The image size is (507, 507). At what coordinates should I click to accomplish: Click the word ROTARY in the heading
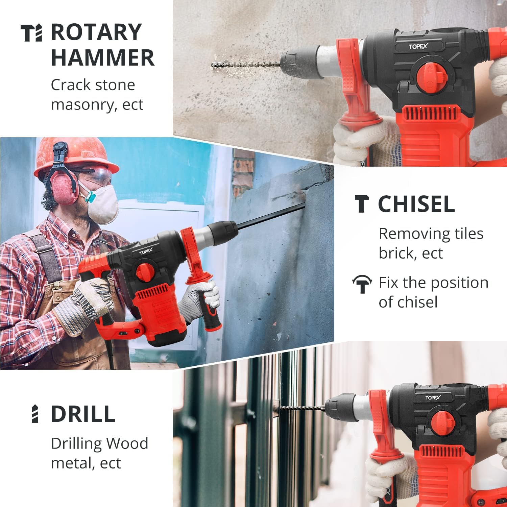point(96,32)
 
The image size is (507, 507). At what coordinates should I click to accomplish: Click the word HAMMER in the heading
point(103,57)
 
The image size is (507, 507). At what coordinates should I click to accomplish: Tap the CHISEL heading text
point(416,204)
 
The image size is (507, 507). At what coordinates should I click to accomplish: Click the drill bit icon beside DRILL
point(35,413)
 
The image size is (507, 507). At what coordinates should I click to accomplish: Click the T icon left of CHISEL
point(362,204)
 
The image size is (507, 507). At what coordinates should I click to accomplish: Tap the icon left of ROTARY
point(31,33)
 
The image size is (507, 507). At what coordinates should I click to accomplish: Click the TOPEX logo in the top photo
point(418,46)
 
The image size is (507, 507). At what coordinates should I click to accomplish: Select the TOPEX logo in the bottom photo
point(433,398)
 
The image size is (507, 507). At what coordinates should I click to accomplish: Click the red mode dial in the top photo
point(432,77)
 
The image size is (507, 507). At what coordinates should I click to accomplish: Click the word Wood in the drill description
point(127,443)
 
